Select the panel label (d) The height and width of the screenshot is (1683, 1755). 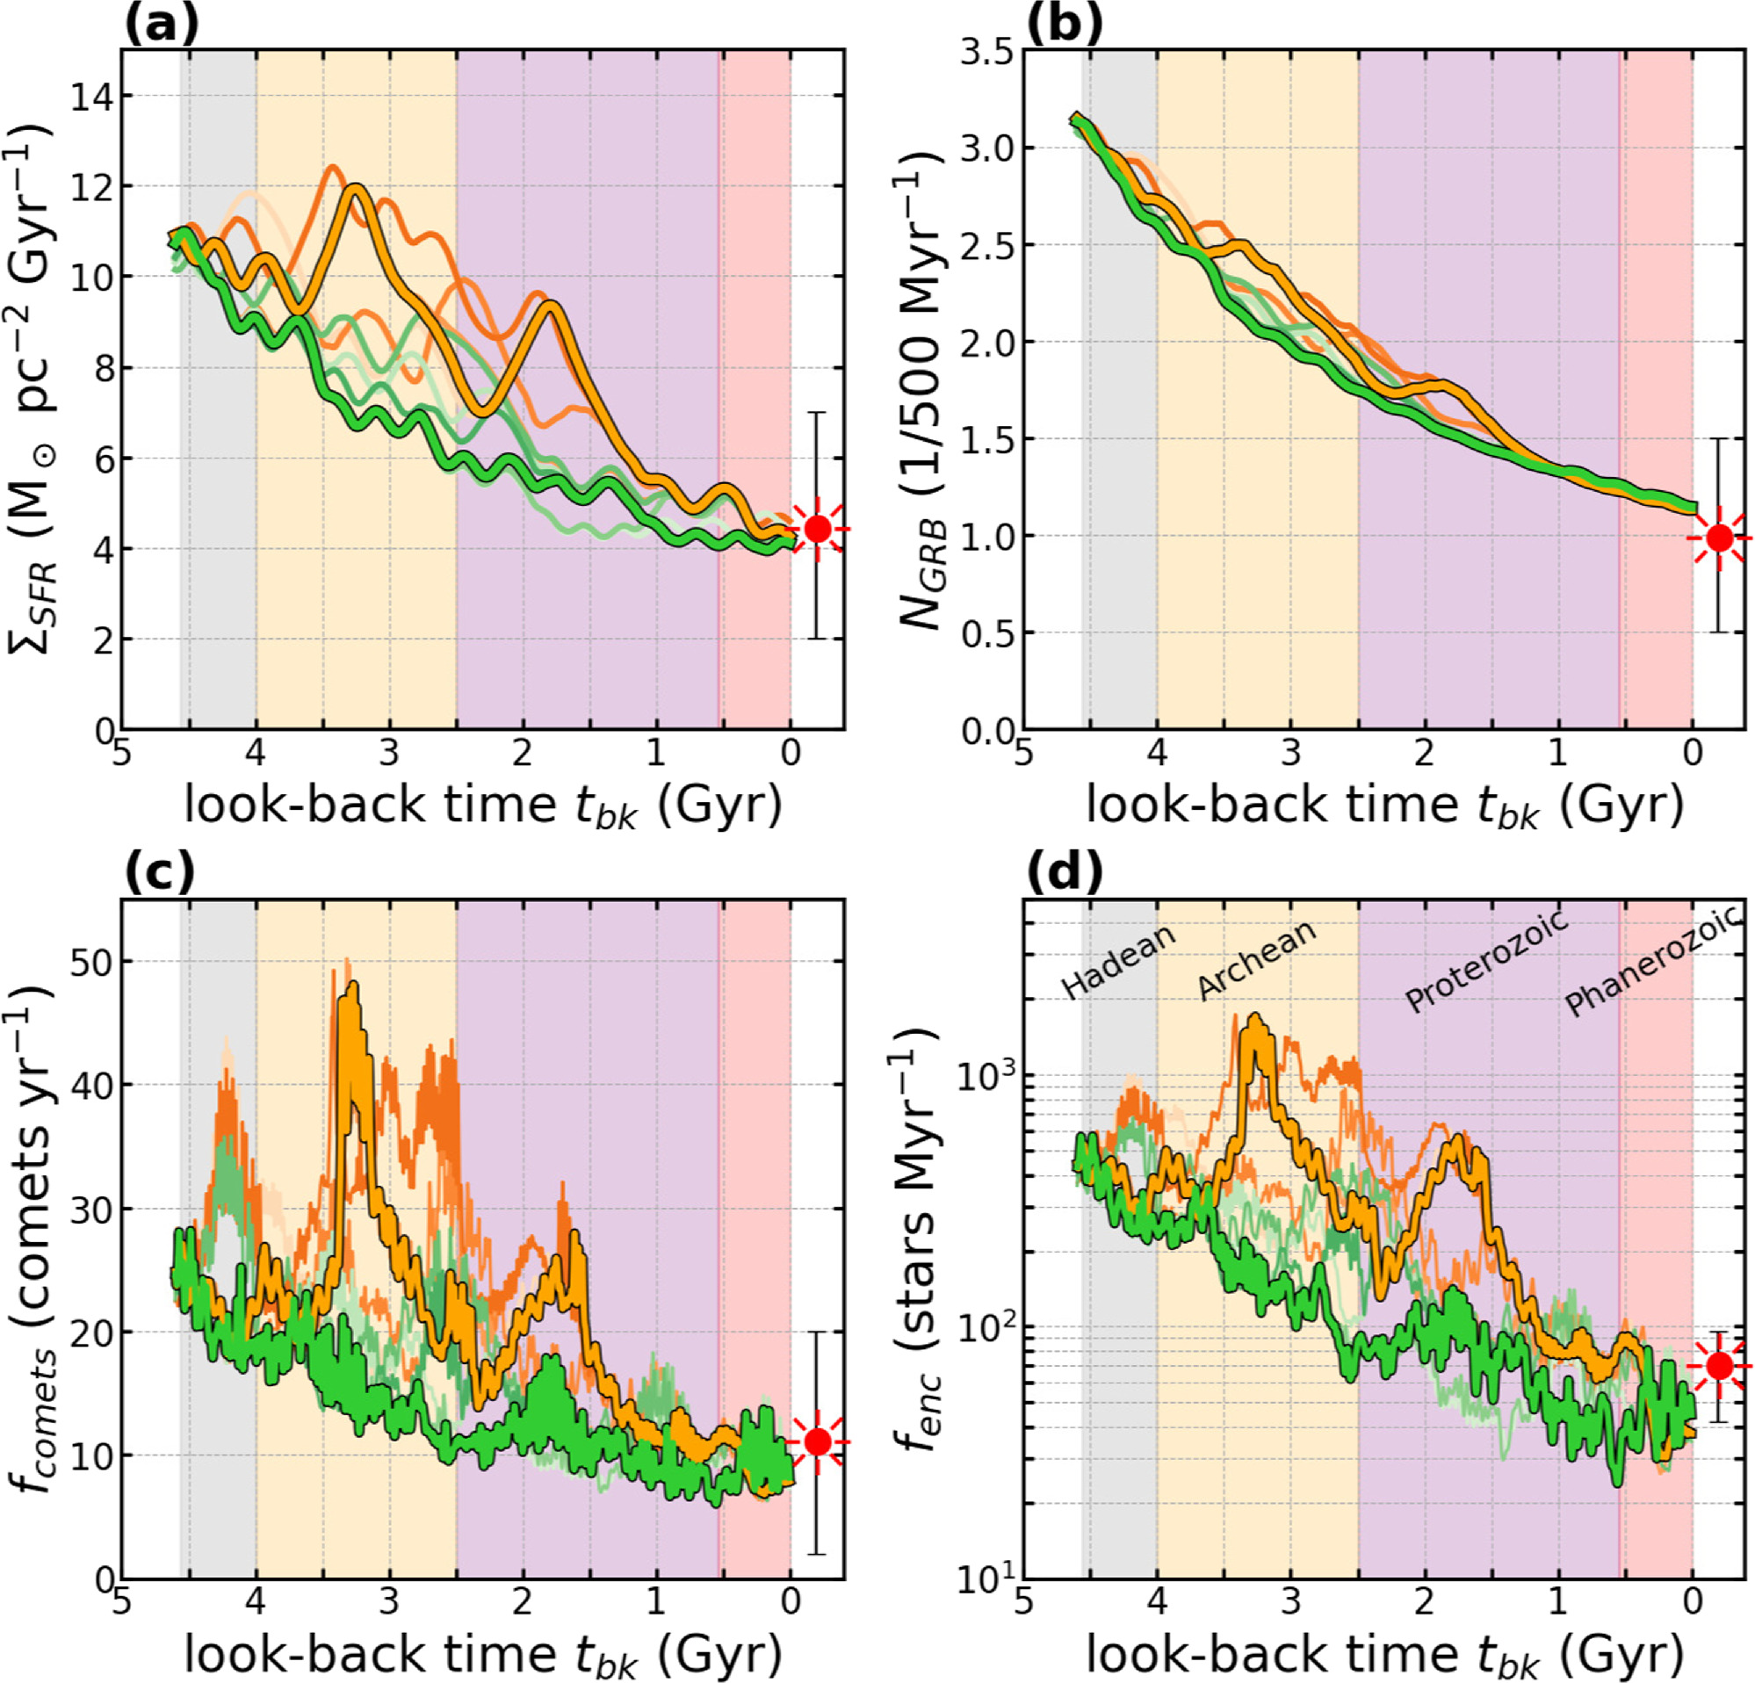click(1064, 873)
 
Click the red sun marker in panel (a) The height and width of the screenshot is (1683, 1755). click(817, 528)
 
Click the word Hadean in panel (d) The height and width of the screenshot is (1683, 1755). click(1117, 962)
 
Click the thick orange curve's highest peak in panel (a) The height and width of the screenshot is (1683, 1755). click(357, 186)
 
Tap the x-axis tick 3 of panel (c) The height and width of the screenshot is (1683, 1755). click(388, 1600)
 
